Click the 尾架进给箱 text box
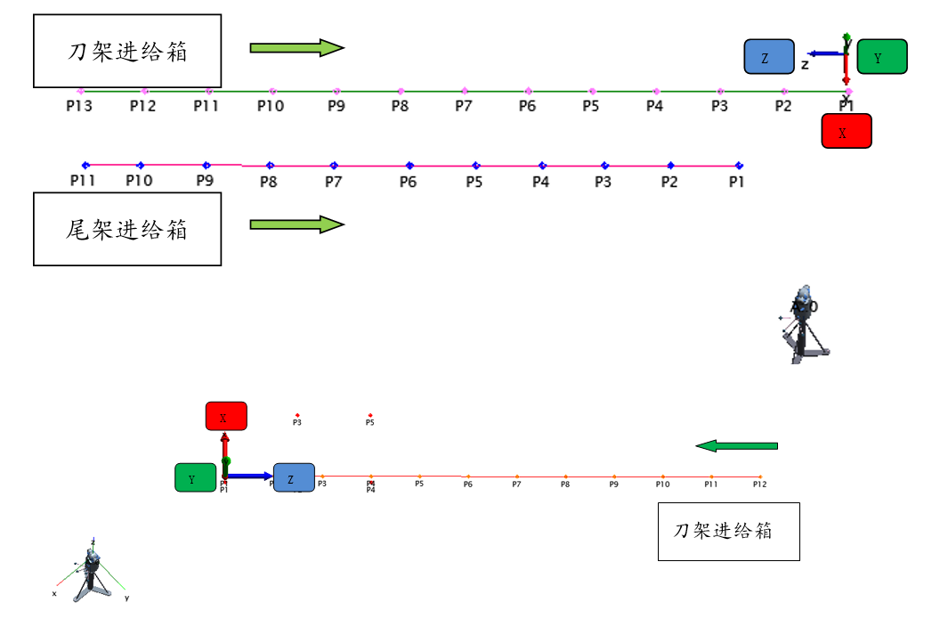126,229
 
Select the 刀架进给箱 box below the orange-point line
728,531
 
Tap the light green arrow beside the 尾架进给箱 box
296,224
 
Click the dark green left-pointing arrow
736,445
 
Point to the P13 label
79,106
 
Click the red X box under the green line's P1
846,131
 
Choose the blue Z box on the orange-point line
294,477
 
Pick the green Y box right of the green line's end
881,56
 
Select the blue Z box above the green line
769,56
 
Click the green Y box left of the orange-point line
195,478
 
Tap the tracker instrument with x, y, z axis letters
91,571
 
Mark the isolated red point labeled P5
370,415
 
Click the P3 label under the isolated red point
297,423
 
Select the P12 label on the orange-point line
759,485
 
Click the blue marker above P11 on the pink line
85,165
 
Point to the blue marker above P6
409,165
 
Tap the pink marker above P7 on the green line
464,91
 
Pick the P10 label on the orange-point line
662,485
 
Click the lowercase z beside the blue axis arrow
805,64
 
